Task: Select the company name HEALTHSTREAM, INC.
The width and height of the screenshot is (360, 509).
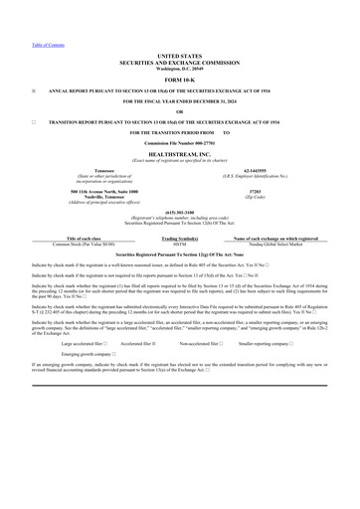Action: (179, 154)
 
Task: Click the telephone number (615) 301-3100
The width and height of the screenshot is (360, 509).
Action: (179, 212)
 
